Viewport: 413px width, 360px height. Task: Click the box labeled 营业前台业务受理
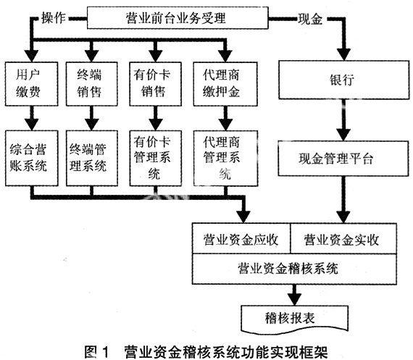tap(178, 18)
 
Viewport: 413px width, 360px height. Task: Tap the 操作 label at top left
tap(54, 18)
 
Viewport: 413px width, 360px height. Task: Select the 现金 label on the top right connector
tap(310, 19)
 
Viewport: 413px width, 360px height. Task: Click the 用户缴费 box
tap(31, 84)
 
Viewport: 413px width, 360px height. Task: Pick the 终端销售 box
tap(92, 84)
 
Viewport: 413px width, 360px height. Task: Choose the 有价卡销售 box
tap(155, 84)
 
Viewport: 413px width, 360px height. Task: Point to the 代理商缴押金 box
tap(225, 84)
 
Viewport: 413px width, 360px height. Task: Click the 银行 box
tap(344, 80)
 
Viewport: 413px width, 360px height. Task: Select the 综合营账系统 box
tap(32, 158)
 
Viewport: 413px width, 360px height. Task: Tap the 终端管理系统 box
tap(92, 158)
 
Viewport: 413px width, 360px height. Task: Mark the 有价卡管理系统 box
tap(155, 158)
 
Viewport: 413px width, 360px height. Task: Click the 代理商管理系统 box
tap(225, 158)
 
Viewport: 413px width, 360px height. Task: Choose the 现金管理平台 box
tap(343, 159)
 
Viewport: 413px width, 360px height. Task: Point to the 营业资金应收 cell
tap(241, 238)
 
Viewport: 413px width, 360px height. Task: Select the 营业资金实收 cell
tap(343, 238)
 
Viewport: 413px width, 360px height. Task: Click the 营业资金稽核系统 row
tap(294, 269)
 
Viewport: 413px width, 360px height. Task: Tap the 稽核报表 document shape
tap(295, 319)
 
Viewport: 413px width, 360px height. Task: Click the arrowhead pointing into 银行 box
tap(344, 54)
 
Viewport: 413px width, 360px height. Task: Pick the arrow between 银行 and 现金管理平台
tap(343, 120)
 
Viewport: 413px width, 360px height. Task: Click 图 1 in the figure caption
tap(96, 351)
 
